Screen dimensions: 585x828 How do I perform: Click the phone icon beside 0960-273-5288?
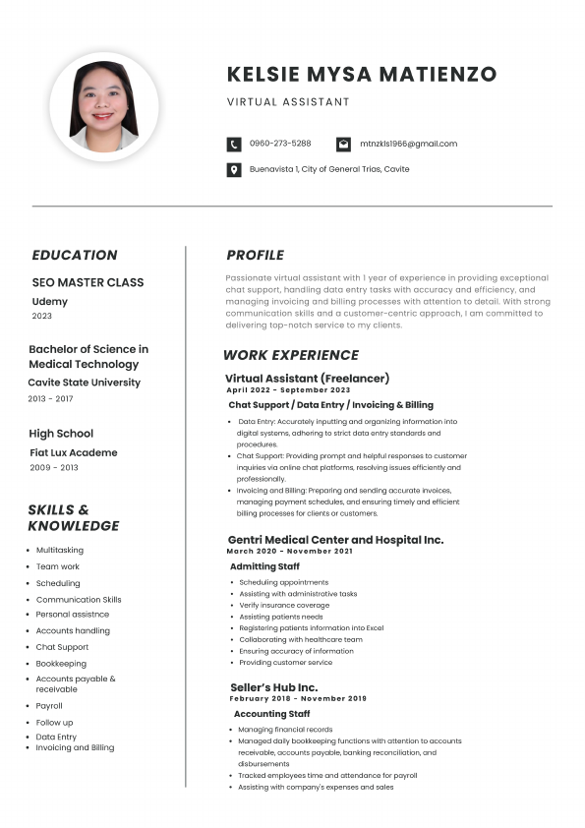pyautogui.click(x=234, y=144)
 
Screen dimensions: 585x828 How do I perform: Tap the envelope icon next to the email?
pyautogui.click(x=343, y=144)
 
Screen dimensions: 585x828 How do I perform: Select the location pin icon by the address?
pyautogui.click(x=234, y=170)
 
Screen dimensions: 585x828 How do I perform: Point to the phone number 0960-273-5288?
pyautogui.click(x=280, y=144)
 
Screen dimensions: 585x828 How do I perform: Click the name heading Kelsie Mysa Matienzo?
pyautogui.click(x=361, y=75)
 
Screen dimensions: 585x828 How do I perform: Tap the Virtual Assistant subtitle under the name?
pyautogui.click(x=288, y=102)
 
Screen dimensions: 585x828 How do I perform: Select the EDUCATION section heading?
pyautogui.click(x=75, y=256)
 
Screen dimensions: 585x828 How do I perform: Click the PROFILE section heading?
pyautogui.click(x=255, y=256)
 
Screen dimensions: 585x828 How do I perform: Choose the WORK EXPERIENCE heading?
pyautogui.click(x=291, y=356)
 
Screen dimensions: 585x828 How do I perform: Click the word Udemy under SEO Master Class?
pyautogui.click(x=50, y=301)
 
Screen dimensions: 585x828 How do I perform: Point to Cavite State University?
pyautogui.click(x=84, y=383)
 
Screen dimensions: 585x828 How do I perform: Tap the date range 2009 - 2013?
pyautogui.click(x=53, y=468)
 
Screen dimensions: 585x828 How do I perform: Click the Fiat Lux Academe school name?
pyautogui.click(x=74, y=453)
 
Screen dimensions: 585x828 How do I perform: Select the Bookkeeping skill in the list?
pyautogui.click(x=61, y=664)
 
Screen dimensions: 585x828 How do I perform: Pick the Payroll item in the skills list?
pyautogui.click(x=49, y=706)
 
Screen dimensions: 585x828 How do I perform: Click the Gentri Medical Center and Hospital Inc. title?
pyautogui.click(x=335, y=540)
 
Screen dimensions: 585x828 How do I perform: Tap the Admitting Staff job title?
pyautogui.click(x=264, y=566)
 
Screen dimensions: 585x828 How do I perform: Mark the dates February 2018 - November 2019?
pyautogui.click(x=297, y=699)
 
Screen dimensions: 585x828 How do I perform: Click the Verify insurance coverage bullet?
pyautogui.click(x=284, y=606)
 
